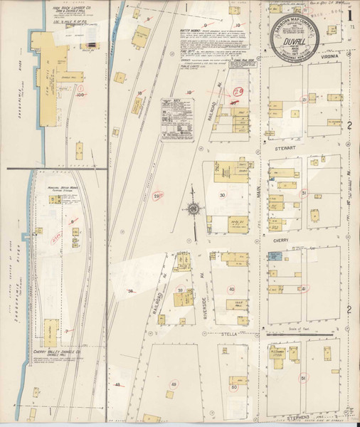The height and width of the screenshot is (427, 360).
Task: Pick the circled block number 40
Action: pyautogui.click(x=232, y=289)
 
